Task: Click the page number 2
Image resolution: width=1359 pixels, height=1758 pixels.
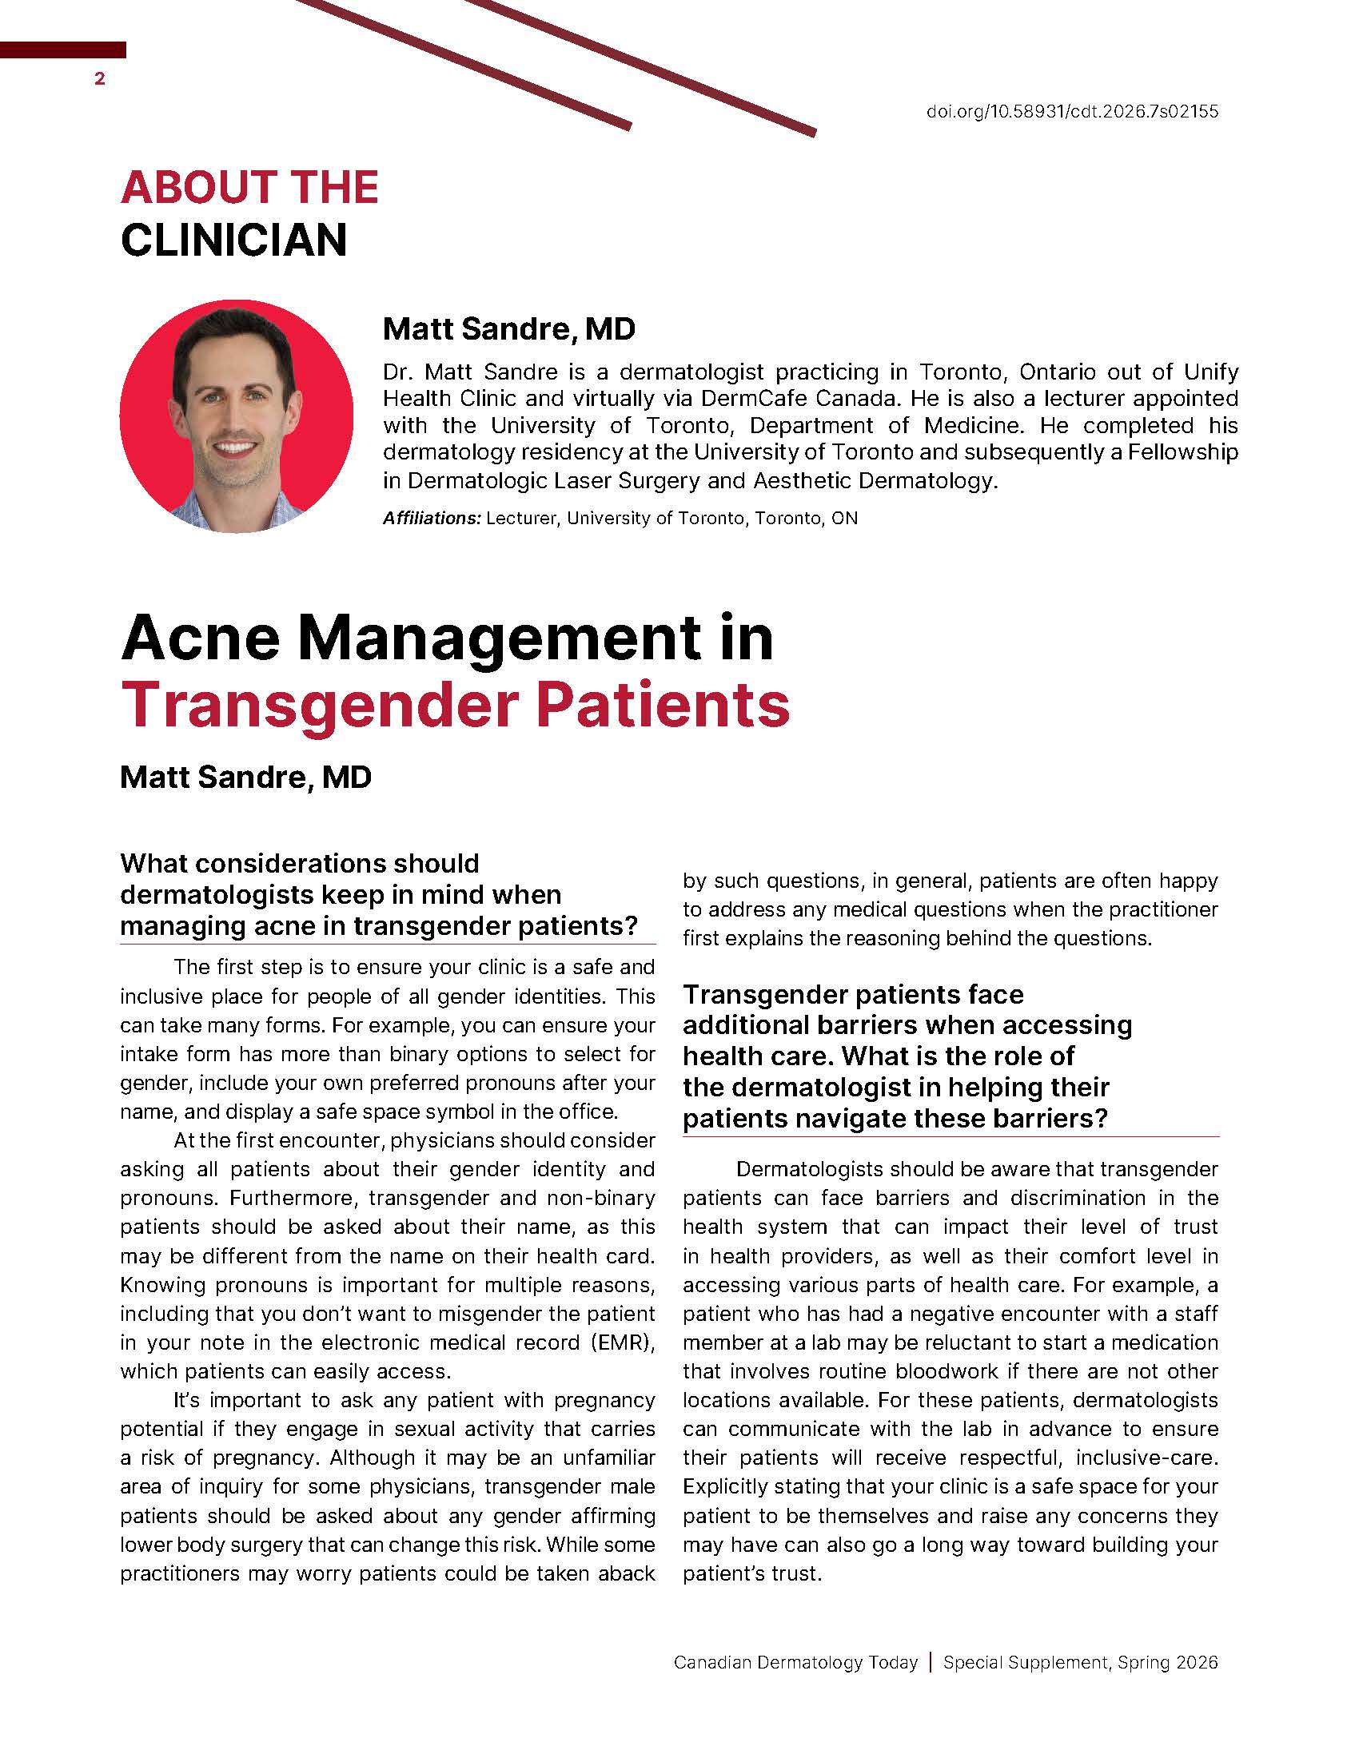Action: (x=100, y=79)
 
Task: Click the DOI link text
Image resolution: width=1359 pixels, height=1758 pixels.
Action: (x=1071, y=111)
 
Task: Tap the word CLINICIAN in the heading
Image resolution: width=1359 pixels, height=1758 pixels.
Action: (x=233, y=240)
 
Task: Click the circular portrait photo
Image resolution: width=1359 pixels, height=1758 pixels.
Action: (x=236, y=416)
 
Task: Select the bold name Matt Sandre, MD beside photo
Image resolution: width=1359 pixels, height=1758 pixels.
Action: (x=508, y=328)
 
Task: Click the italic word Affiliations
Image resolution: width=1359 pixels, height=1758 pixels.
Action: (x=432, y=519)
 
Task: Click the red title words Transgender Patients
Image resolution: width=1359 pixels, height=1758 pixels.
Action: (x=455, y=705)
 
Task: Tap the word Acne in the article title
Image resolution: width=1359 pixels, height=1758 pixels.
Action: (x=201, y=638)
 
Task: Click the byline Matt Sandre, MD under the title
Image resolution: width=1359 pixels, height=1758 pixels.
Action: (x=245, y=778)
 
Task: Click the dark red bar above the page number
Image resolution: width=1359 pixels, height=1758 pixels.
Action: (x=63, y=50)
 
